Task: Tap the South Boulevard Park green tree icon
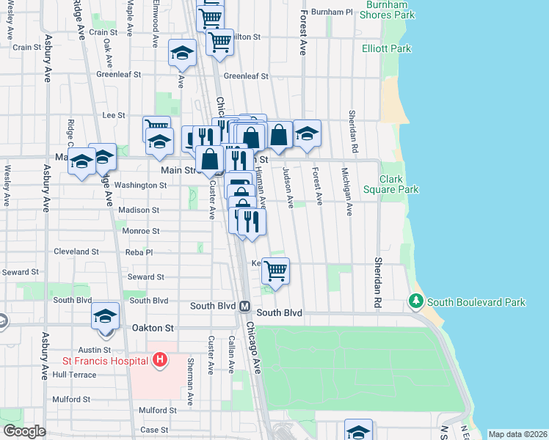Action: click(x=416, y=301)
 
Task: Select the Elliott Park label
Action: click(x=382, y=49)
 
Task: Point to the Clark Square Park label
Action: click(x=399, y=184)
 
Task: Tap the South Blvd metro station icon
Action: click(x=245, y=306)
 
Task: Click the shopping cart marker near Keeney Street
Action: click(x=276, y=271)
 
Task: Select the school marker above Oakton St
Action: click(x=106, y=316)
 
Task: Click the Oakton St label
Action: click(x=153, y=328)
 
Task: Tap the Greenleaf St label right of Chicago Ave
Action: click(x=246, y=76)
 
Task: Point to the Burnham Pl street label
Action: click(x=332, y=12)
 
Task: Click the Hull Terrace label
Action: click(x=75, y=374)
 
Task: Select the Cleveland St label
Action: click(x=76, y=252)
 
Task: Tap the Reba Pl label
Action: click(x=139, y=252)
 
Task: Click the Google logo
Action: click(x=24, y=432)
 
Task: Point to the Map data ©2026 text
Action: click(x=517, y=434)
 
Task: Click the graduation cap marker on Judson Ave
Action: click(x=308, y=133)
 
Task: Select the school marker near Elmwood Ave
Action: click(x=182, y=54)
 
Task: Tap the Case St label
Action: click(x=154, y=430)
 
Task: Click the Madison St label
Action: click(x=139, y=210)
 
